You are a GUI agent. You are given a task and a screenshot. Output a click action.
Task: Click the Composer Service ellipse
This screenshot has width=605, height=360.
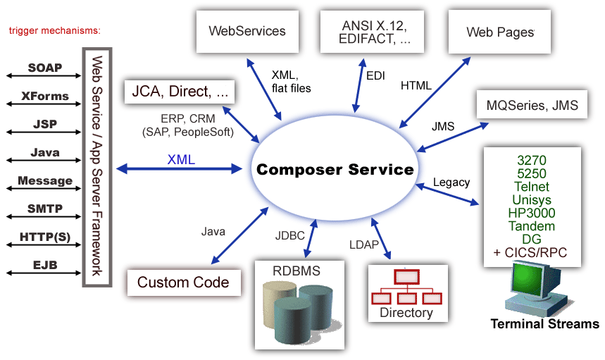point(335,170)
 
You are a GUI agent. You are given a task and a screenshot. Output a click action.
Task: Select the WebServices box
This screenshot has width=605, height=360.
point(247,31)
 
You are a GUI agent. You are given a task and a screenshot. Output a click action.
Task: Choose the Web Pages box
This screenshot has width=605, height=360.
point(500,32)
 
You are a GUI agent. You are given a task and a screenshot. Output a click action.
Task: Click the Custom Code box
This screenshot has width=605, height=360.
point(183,283)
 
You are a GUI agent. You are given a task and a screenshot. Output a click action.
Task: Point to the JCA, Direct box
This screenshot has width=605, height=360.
point(179,91)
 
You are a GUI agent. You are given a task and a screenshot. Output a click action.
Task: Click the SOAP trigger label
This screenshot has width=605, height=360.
point(45,68)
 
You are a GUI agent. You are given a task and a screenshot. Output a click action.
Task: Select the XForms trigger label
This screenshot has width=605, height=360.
point(45,96)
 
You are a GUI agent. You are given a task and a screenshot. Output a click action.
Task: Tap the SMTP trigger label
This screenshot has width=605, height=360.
point(45,209)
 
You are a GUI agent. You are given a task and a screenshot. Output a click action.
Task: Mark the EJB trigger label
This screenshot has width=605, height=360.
point(45,265)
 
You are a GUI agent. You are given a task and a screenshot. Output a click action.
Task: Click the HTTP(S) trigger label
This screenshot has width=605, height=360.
point(45,237)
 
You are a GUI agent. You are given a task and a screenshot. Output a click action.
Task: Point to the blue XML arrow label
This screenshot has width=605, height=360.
point(181,159)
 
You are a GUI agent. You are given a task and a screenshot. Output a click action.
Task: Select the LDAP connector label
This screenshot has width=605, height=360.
point(364,244)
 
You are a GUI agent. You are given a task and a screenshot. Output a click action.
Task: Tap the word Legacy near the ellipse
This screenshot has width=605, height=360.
point(451,182)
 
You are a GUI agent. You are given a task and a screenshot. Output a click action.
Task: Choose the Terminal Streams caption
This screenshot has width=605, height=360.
point(544,325)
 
